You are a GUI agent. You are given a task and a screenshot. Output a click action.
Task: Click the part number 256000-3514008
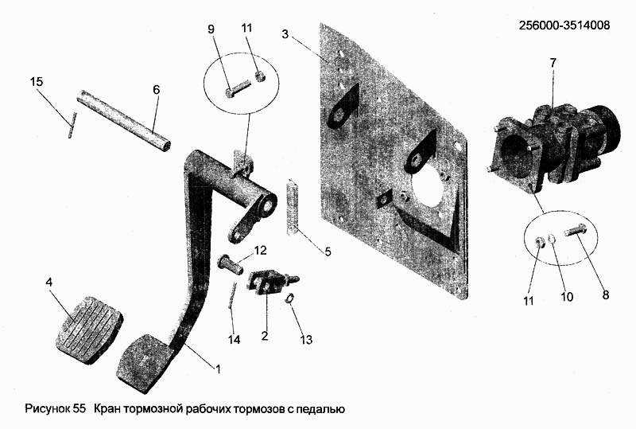tap(564, 25)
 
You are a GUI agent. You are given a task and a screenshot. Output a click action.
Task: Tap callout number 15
tap(36, 82)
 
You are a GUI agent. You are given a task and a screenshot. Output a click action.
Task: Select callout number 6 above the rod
tap(156, 90)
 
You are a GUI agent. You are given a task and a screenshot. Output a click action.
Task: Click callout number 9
tap(211, 29)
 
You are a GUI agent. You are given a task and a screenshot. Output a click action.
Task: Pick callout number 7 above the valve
tap(553, 61)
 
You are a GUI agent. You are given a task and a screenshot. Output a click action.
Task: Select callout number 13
tap(306, 341)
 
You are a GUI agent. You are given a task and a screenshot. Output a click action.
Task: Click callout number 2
tap(264, 337)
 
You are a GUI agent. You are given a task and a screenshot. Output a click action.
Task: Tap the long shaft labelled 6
tap(124, 119)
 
